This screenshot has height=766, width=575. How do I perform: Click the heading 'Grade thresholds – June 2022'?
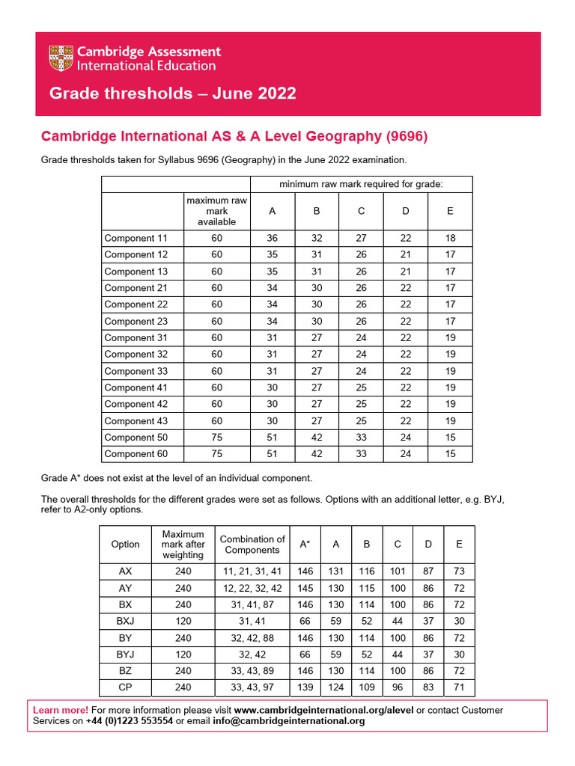click(x=172, y=94)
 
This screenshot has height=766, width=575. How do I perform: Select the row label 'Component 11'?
click(x=136, y=238)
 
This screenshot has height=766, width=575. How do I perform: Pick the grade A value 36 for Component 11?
click(x=272, y=238)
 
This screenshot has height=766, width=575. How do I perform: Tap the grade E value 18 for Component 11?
click(x=450, y=238)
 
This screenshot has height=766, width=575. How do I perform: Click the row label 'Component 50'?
click(x=136, y=437)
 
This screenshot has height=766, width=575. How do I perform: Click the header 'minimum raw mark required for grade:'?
click(x=361, y=184)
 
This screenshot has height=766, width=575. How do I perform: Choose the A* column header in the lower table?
click(x=305, y=545)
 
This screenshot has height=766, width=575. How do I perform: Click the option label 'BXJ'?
click(x=125, y=622)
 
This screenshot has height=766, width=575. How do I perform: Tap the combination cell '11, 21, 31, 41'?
click(x=252, y=572)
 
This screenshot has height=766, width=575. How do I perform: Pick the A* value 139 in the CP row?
click(x=305, y=687)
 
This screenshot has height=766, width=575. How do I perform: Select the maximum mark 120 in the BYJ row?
click(x=183, y=655)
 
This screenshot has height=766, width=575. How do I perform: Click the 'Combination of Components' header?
click(x=252, y=545)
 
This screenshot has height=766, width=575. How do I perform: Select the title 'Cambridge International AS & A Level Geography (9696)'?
click(x=234, y=136)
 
